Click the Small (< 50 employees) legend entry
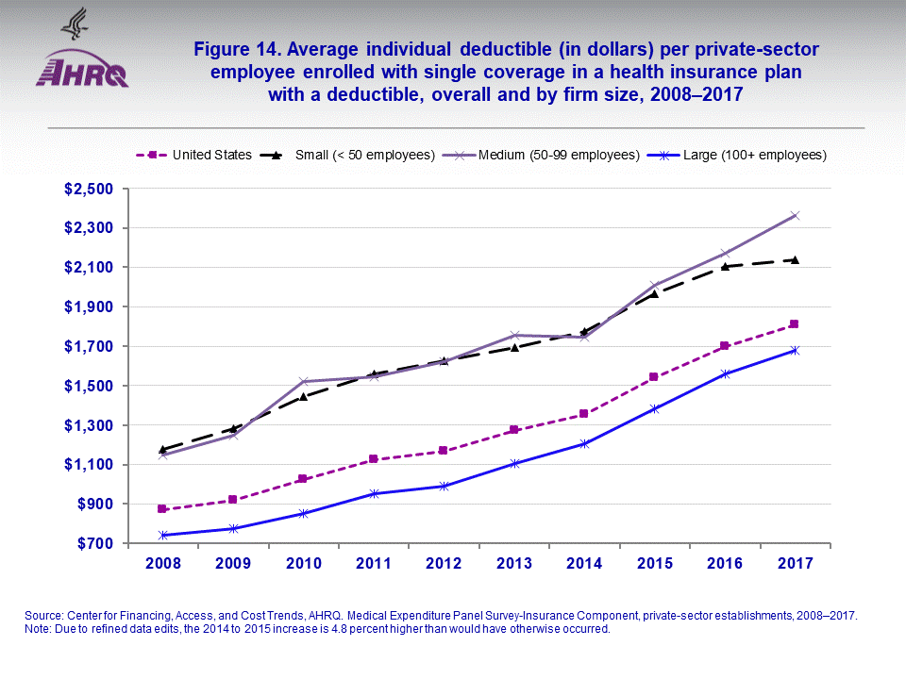pyautogui.click(x=349, y=155)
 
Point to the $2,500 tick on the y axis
pyautogui.click(x=88, y=189)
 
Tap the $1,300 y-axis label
pyautogui.click(x=88, y=425)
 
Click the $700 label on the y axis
pyautogui.click(x=92, y=544)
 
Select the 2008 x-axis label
pyautogui.click(x=162, y=563)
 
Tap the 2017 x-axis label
pyautogui.click(x=796, y=563)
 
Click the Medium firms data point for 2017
pyautogui.click(x=796, y=215)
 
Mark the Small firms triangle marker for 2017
pyautogui.click(x=796, y=259)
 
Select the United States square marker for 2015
pyautogui.click(x=655, y=377)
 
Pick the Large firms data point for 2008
pyautogui.click(x=162, y=536)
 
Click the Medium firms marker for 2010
pyautogui.click(x=303, y=382)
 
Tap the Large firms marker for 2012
pyautogui.click(x=444, y=486)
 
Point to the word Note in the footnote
pyautogui.click(x=37, y=629)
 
